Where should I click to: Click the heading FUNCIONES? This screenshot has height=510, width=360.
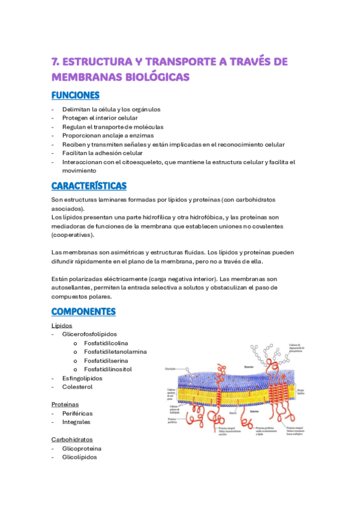[x=75, y=96]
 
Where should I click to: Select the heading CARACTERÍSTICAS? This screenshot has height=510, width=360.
[x=88, y=186]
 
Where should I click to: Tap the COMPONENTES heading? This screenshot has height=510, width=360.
[x=83, y=312]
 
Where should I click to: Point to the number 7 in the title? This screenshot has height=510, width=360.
[x=55, y=61]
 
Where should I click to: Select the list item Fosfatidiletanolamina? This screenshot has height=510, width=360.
[x=115, y=351]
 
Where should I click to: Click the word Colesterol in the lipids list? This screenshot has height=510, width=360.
[x=78, y=387]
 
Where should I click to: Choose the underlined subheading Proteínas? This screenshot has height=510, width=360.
[x=65, y=404]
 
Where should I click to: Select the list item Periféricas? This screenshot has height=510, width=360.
[x=78, y=413]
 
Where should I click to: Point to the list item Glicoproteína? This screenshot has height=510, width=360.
[x=82, y=449]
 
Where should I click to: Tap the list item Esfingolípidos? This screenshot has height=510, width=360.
[x=82, y=378]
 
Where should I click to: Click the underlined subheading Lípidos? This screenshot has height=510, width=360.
[x=62, y=325]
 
